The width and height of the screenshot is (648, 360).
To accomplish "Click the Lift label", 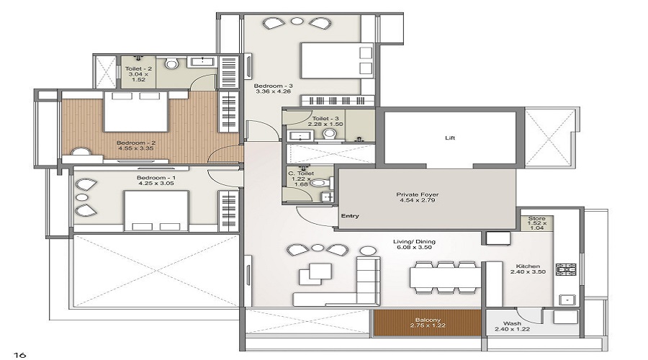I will coord(450,138).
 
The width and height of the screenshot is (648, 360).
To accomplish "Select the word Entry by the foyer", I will coord(351,216).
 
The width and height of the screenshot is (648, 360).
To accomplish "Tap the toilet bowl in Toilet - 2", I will coord(171,64).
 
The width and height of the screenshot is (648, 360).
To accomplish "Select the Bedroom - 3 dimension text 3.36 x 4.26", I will coord(272,91).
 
